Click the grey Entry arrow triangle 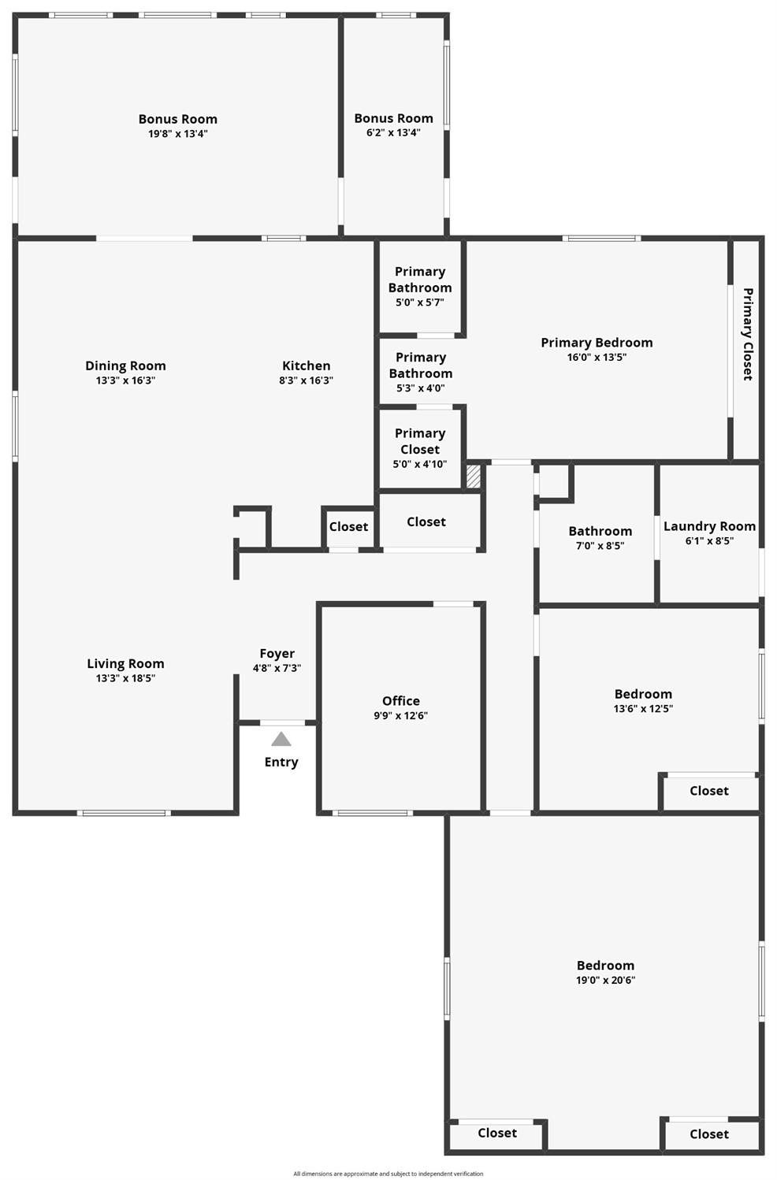(281, 739)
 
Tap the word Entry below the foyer (281, 762)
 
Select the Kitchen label (306, 366)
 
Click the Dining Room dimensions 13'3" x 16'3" (125, 380)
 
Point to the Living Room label (125, 663)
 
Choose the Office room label (400, 700)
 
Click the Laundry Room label (709, 526)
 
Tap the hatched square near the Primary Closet (474, 477)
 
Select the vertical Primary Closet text (748, 334)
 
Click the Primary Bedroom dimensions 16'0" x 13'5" (597, 357)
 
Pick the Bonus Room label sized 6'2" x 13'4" (393, 118)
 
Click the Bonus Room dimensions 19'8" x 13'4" (177, 134)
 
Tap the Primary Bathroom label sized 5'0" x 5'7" (420, 280)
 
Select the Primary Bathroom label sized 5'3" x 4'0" (421, 366)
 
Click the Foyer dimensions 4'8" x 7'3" (277, 668)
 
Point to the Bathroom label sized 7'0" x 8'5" (600, 531)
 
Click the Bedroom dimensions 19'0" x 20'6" (605, 981)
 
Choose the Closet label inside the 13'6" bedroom (708, 791)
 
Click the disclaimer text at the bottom (388, 1174)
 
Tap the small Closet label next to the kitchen (348, 526)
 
